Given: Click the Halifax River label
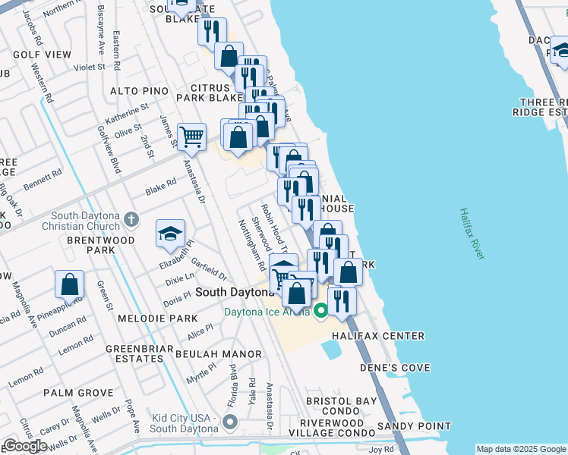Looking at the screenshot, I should coord(472,235).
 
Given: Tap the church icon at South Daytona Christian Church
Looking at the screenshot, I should coord(132,220).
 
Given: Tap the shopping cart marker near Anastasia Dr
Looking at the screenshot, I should coord(191,137).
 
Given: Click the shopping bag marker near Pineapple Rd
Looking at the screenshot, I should coord(69,285).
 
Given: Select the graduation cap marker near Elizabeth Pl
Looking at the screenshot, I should coord(170,234).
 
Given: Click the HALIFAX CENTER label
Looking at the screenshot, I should coord(377,336).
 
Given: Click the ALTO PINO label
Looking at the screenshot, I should coord(139,91).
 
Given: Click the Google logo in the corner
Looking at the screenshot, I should coord(25,445).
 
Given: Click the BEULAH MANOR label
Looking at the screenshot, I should coord(219,354).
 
